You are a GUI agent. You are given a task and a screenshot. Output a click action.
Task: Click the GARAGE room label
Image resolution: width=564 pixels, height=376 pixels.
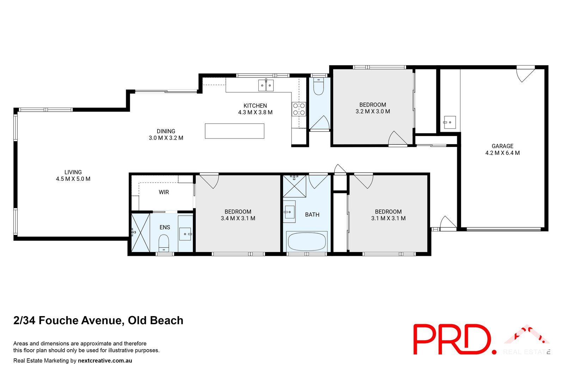coord(502,146)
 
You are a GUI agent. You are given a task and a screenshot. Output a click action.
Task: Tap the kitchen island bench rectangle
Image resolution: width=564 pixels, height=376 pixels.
coord(234,131)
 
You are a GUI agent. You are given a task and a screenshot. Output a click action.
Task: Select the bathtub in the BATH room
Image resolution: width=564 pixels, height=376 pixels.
coord(307,241)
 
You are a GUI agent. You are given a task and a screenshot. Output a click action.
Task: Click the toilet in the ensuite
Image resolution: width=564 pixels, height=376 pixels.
coord(164,242)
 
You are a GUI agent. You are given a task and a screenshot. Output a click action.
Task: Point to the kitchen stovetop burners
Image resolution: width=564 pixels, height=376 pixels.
coord(299,109)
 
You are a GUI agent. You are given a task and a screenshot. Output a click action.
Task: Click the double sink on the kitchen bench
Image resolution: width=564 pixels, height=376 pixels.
coord(266,85)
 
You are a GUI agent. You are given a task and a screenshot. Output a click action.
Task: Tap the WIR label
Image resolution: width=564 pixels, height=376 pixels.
coord(164,192)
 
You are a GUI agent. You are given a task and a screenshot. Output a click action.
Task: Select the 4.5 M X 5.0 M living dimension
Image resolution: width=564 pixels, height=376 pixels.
coord(73,179)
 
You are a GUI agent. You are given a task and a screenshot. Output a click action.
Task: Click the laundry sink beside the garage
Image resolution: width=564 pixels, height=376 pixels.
coord(449,122)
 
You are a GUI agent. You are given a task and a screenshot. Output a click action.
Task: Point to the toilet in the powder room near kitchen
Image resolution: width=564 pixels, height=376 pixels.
coord(318,87)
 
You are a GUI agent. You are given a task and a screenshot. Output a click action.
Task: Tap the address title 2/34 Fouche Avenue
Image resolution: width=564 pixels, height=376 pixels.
coord(98,320)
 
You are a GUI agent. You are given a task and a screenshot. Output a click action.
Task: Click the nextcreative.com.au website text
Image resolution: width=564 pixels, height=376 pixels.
coord(105,360)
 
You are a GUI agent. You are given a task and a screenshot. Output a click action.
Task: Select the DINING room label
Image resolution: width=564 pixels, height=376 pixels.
coord(166,131)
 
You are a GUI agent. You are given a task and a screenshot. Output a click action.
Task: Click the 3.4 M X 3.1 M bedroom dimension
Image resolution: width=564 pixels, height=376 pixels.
coord(238,218)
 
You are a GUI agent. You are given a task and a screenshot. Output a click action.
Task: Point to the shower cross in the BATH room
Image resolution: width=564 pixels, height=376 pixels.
coord(294,186)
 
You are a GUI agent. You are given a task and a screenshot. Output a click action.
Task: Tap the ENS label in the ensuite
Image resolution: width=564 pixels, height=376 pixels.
coord(165,227)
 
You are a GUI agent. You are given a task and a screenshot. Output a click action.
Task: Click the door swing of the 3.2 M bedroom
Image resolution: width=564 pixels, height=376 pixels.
coord(397,138)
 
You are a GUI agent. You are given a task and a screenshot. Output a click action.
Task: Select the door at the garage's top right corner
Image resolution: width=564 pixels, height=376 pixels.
coord(526,74)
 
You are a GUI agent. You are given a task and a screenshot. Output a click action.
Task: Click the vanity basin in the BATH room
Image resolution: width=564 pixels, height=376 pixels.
coord(289,212)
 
